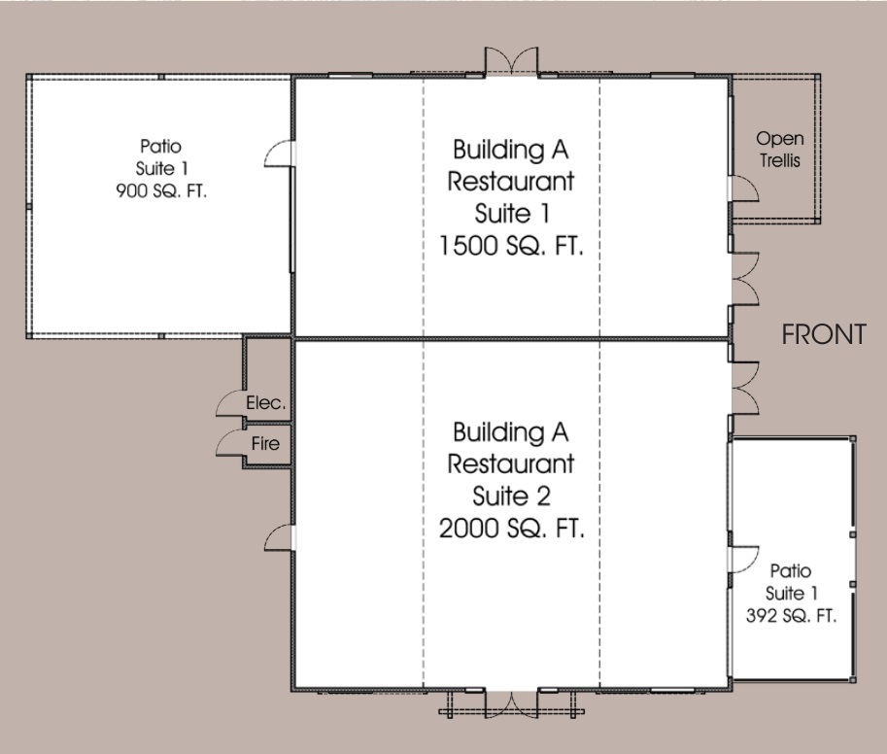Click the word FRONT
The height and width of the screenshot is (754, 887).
824,334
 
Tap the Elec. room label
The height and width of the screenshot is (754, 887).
266,402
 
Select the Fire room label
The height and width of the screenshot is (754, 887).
265,443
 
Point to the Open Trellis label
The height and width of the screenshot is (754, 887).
780,150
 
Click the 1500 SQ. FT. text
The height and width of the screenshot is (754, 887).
511,246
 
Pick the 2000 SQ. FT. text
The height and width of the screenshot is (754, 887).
511,529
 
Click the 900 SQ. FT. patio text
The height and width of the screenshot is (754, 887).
161,190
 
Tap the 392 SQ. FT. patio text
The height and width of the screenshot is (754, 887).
791,615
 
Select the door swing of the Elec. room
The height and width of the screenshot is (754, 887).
229,403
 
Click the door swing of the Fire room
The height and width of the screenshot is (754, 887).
229,443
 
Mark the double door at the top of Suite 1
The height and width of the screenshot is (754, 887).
511,60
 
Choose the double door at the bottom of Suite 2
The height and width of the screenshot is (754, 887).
511,704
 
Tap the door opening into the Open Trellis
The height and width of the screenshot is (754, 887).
744,188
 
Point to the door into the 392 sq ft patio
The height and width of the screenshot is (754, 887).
744,560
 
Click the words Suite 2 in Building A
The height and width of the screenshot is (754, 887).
511,497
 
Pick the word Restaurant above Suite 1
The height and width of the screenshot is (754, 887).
511,182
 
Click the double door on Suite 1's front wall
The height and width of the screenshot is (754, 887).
744,279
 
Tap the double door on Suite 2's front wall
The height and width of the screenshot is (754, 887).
744,388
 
